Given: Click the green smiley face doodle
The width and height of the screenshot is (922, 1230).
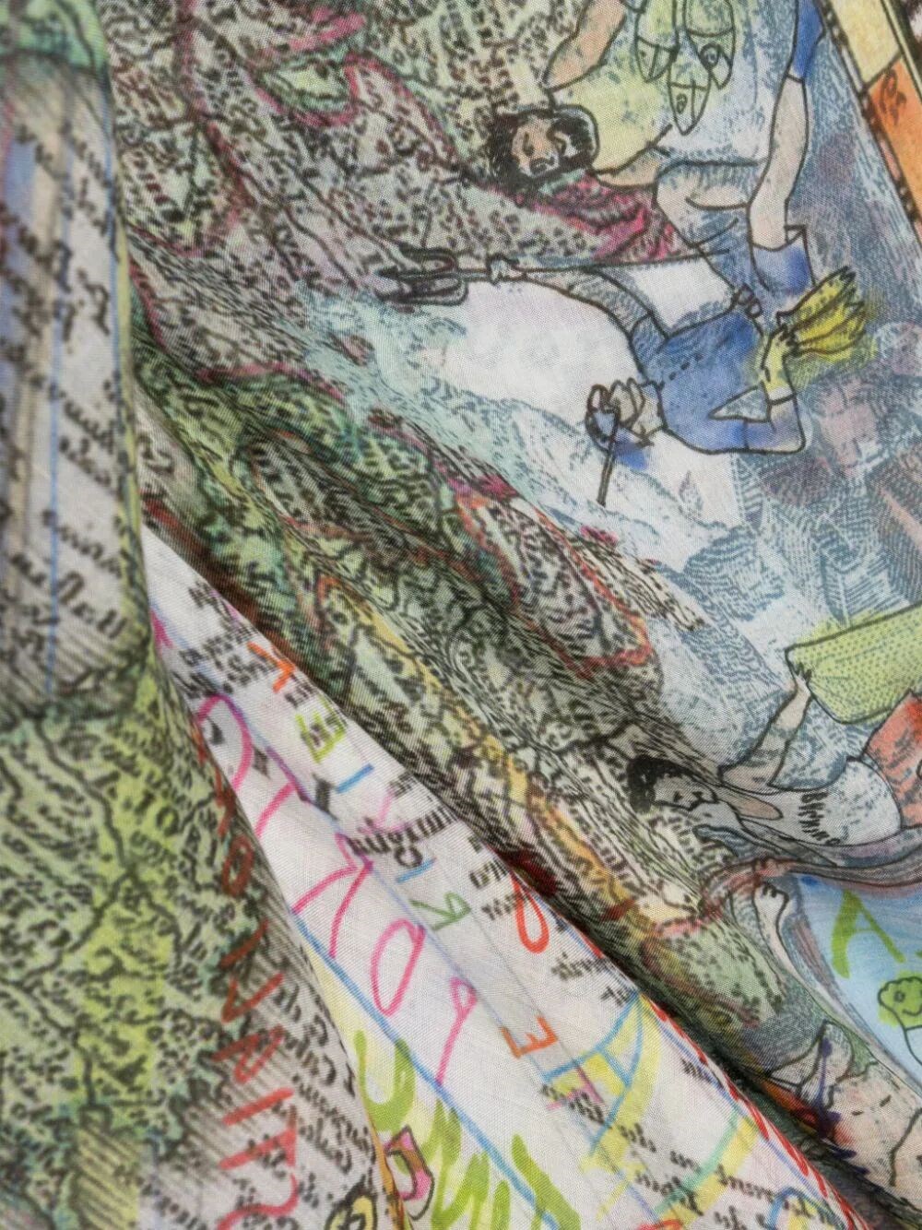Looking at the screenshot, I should point(899,1000).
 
